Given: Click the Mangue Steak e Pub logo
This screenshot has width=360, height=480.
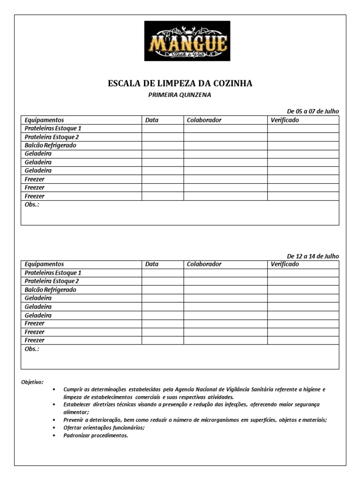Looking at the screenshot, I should pyautogui.click(x=187, y=41).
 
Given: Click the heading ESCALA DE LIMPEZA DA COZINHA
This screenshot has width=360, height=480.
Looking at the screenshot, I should pyautogui.click(x=180, y=83).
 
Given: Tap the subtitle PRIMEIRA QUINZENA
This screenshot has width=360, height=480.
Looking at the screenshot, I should pyautogui.click(x=180, y=95).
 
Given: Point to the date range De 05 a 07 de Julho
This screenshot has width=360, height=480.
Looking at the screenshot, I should pyautogui.click(x=313, y=111).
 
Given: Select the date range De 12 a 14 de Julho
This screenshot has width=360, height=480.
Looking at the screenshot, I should pyautogui.click(x=313, y=256).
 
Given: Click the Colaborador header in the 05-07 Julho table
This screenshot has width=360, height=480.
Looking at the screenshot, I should pyautogui.click(x=204, y=120).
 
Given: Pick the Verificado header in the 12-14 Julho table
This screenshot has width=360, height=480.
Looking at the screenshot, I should pyautogui.click(x=285, y=264).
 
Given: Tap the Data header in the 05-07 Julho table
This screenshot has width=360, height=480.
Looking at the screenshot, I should pyautogui.click(x=152, y=120).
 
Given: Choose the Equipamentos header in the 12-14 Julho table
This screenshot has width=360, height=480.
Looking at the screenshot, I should pyautogui.click(x=44, y=264).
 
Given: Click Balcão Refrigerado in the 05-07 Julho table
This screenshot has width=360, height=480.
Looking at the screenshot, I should pyautogui.click(x=50, y=145).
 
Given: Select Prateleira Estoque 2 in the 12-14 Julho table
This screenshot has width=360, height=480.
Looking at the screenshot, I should pyautogui.click(x=52, y=281).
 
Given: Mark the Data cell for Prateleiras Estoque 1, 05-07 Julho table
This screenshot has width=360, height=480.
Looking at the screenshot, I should pyautogui.click(x=163, y=128).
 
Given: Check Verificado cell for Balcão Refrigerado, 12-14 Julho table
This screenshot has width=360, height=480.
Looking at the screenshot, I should pyautogui.click(x=303, y=290).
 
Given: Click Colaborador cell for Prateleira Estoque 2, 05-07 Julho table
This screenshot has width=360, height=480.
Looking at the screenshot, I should pyautogui.click(x=225, y=137).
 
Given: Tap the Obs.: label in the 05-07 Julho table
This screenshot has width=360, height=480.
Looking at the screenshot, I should pyautogui.click(x=32, y=205).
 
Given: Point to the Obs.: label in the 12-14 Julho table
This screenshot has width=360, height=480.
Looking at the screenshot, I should pyautogui.click(x=32, y=349).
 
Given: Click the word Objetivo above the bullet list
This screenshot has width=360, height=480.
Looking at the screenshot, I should pyautogui.click(x=32, y=382).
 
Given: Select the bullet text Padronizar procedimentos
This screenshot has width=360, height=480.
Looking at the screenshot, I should pyautogui.click(x=96, y=435).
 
